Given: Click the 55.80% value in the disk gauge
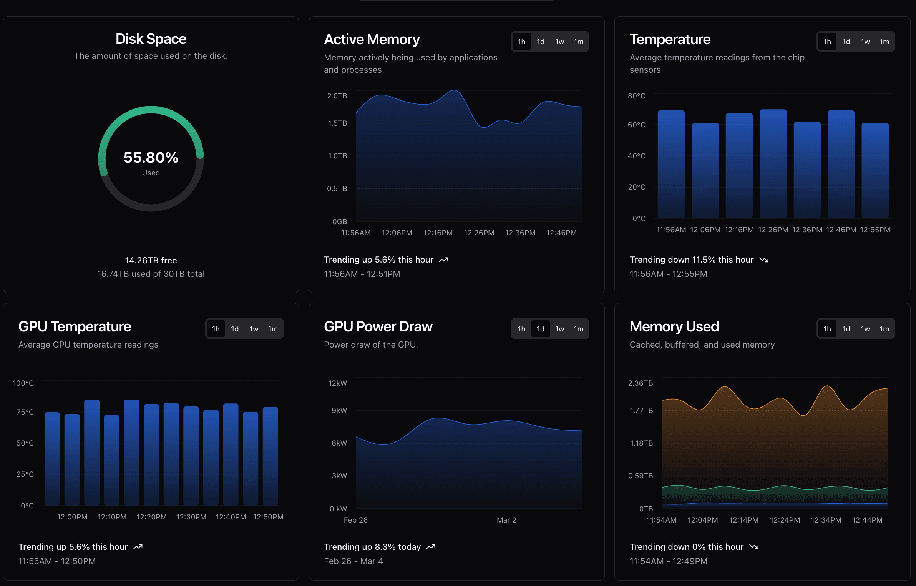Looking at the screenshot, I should coord(151,158).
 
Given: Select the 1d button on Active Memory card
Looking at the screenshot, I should coord(540,42).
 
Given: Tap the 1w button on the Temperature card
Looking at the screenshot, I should coord(865,42).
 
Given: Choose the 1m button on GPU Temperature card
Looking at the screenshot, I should coord(273,329).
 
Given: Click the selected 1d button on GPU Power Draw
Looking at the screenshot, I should coord(540,329).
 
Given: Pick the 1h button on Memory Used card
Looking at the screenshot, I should coord(827,329).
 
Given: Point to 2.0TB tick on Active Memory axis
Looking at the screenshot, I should coord(337,96).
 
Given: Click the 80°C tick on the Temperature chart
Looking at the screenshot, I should coord(636,96).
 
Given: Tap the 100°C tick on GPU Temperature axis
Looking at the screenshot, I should coord(23,383).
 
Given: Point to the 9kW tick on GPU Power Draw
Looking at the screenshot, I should coord(339,410).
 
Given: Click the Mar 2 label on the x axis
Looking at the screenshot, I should coord(506,520).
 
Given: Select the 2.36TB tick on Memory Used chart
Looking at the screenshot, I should coord(640,383).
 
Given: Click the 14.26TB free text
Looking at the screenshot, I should coord(151,260).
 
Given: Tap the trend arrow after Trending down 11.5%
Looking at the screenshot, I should coord(764,260).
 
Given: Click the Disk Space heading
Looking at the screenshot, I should coord(151,39).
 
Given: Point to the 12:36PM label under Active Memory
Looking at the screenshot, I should coord(520,233).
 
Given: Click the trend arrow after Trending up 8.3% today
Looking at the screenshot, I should coord(431,547).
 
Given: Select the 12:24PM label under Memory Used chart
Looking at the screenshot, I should coord(785,520).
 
